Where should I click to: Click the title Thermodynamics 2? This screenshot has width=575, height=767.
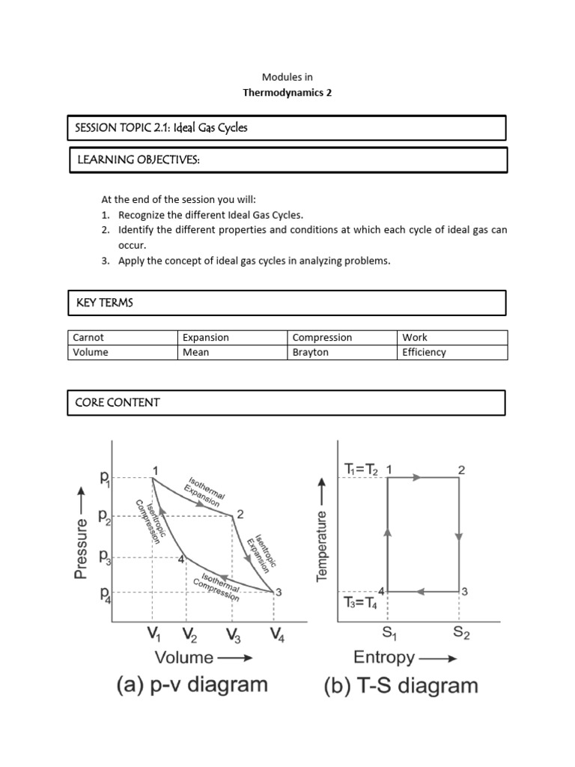[x=287, y=93]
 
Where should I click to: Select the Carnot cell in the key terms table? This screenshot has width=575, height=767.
[x=88, y=338]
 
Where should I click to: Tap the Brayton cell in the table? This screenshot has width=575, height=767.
[x=310, y=352]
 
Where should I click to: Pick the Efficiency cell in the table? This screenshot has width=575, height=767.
[x=424, y=352]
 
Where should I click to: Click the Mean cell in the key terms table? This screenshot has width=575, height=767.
[x=195, y=352]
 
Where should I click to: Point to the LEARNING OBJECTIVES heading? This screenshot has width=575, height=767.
[x=139, y=160]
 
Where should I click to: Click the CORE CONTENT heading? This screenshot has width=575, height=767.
[x=118, y=402]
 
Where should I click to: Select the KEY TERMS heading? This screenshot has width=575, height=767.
[x=105, y=303]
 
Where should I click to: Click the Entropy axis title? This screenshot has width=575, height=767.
[x=384, y=658]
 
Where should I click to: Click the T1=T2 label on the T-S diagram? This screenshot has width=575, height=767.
[x=362, y=470]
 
